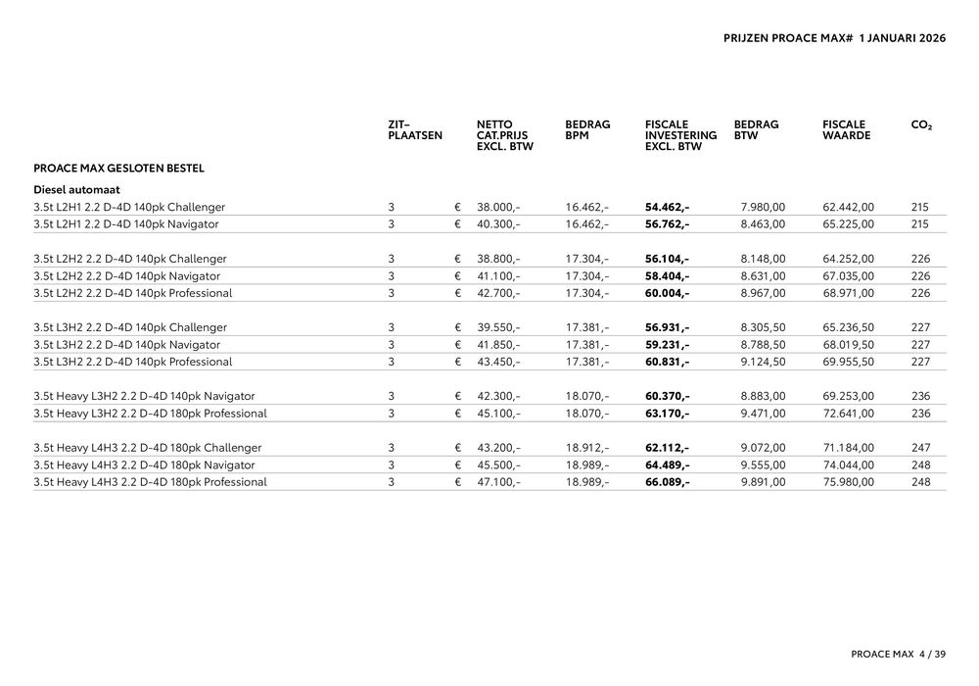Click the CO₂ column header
point(921,125)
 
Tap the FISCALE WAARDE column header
point(847,130)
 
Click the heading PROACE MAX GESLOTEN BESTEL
point(118,169)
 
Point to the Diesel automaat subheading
point(76,189)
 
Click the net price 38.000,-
point(498,208)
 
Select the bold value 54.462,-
point(667,208)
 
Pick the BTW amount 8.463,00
point(764,224)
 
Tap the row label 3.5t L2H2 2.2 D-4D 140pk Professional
point(133,293)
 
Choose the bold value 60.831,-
point(667,362)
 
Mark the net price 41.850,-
point(498,345)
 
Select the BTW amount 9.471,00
point(764,414)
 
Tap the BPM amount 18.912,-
point(587,448)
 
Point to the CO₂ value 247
point(920,448)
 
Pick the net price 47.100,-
point(498,482)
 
